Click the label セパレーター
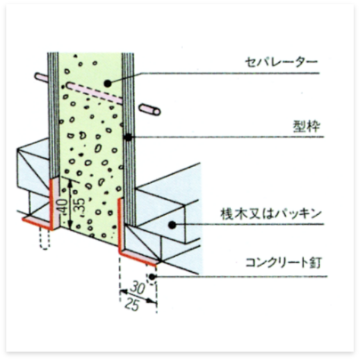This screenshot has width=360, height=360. pos(281,63)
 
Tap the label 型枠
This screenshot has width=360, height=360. pos(306,126)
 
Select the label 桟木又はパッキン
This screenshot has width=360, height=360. pos(271,214)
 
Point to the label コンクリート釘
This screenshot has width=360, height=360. pos(284,263)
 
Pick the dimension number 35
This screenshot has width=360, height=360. pos(79,207)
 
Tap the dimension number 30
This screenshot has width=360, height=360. pos(138,288)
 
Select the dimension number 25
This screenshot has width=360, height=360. pos(133,304)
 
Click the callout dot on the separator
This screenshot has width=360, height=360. pos(108,83)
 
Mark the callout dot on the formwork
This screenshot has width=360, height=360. pos(128,138)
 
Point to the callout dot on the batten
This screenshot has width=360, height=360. pos(172,224)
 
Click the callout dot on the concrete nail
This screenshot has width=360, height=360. pos(152,277)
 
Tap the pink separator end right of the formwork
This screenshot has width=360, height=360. pos(149,109)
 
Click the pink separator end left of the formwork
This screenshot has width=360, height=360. pos(41,77)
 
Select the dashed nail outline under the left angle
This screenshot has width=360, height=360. pos(44,238)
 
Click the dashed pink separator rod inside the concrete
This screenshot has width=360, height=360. pos(95,92)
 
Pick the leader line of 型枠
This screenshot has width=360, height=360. pos(226,137)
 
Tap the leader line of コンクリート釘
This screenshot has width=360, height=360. pos(239,277)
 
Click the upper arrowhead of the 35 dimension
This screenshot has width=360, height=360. pos(70,183)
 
